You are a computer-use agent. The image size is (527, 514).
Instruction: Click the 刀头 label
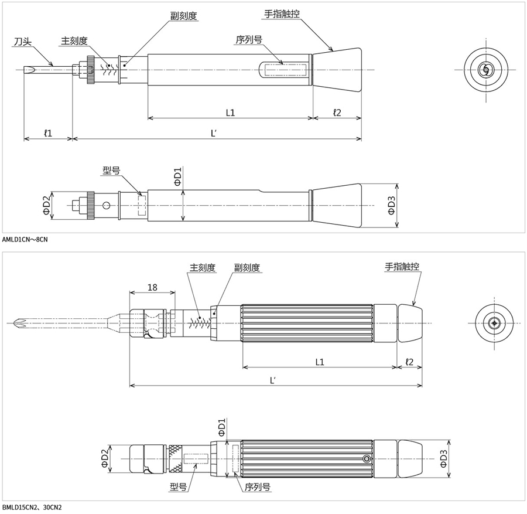pos(22,42)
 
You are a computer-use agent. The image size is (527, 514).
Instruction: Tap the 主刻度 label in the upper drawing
pos(74,40)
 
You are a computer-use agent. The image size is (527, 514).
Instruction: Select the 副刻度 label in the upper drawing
pos(183,16)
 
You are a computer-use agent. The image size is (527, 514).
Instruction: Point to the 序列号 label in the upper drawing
pos(249,40)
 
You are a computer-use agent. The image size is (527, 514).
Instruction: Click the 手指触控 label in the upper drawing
pos(282,14)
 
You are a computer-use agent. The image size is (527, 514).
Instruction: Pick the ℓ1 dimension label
pos(48,133)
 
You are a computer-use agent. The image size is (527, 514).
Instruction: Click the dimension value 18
pos(152,287)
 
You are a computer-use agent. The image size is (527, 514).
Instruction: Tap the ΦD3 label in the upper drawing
pos(392,205)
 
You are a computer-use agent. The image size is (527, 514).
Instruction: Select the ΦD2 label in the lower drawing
pos(105,458)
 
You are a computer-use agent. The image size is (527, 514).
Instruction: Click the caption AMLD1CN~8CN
pos(25,240)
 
